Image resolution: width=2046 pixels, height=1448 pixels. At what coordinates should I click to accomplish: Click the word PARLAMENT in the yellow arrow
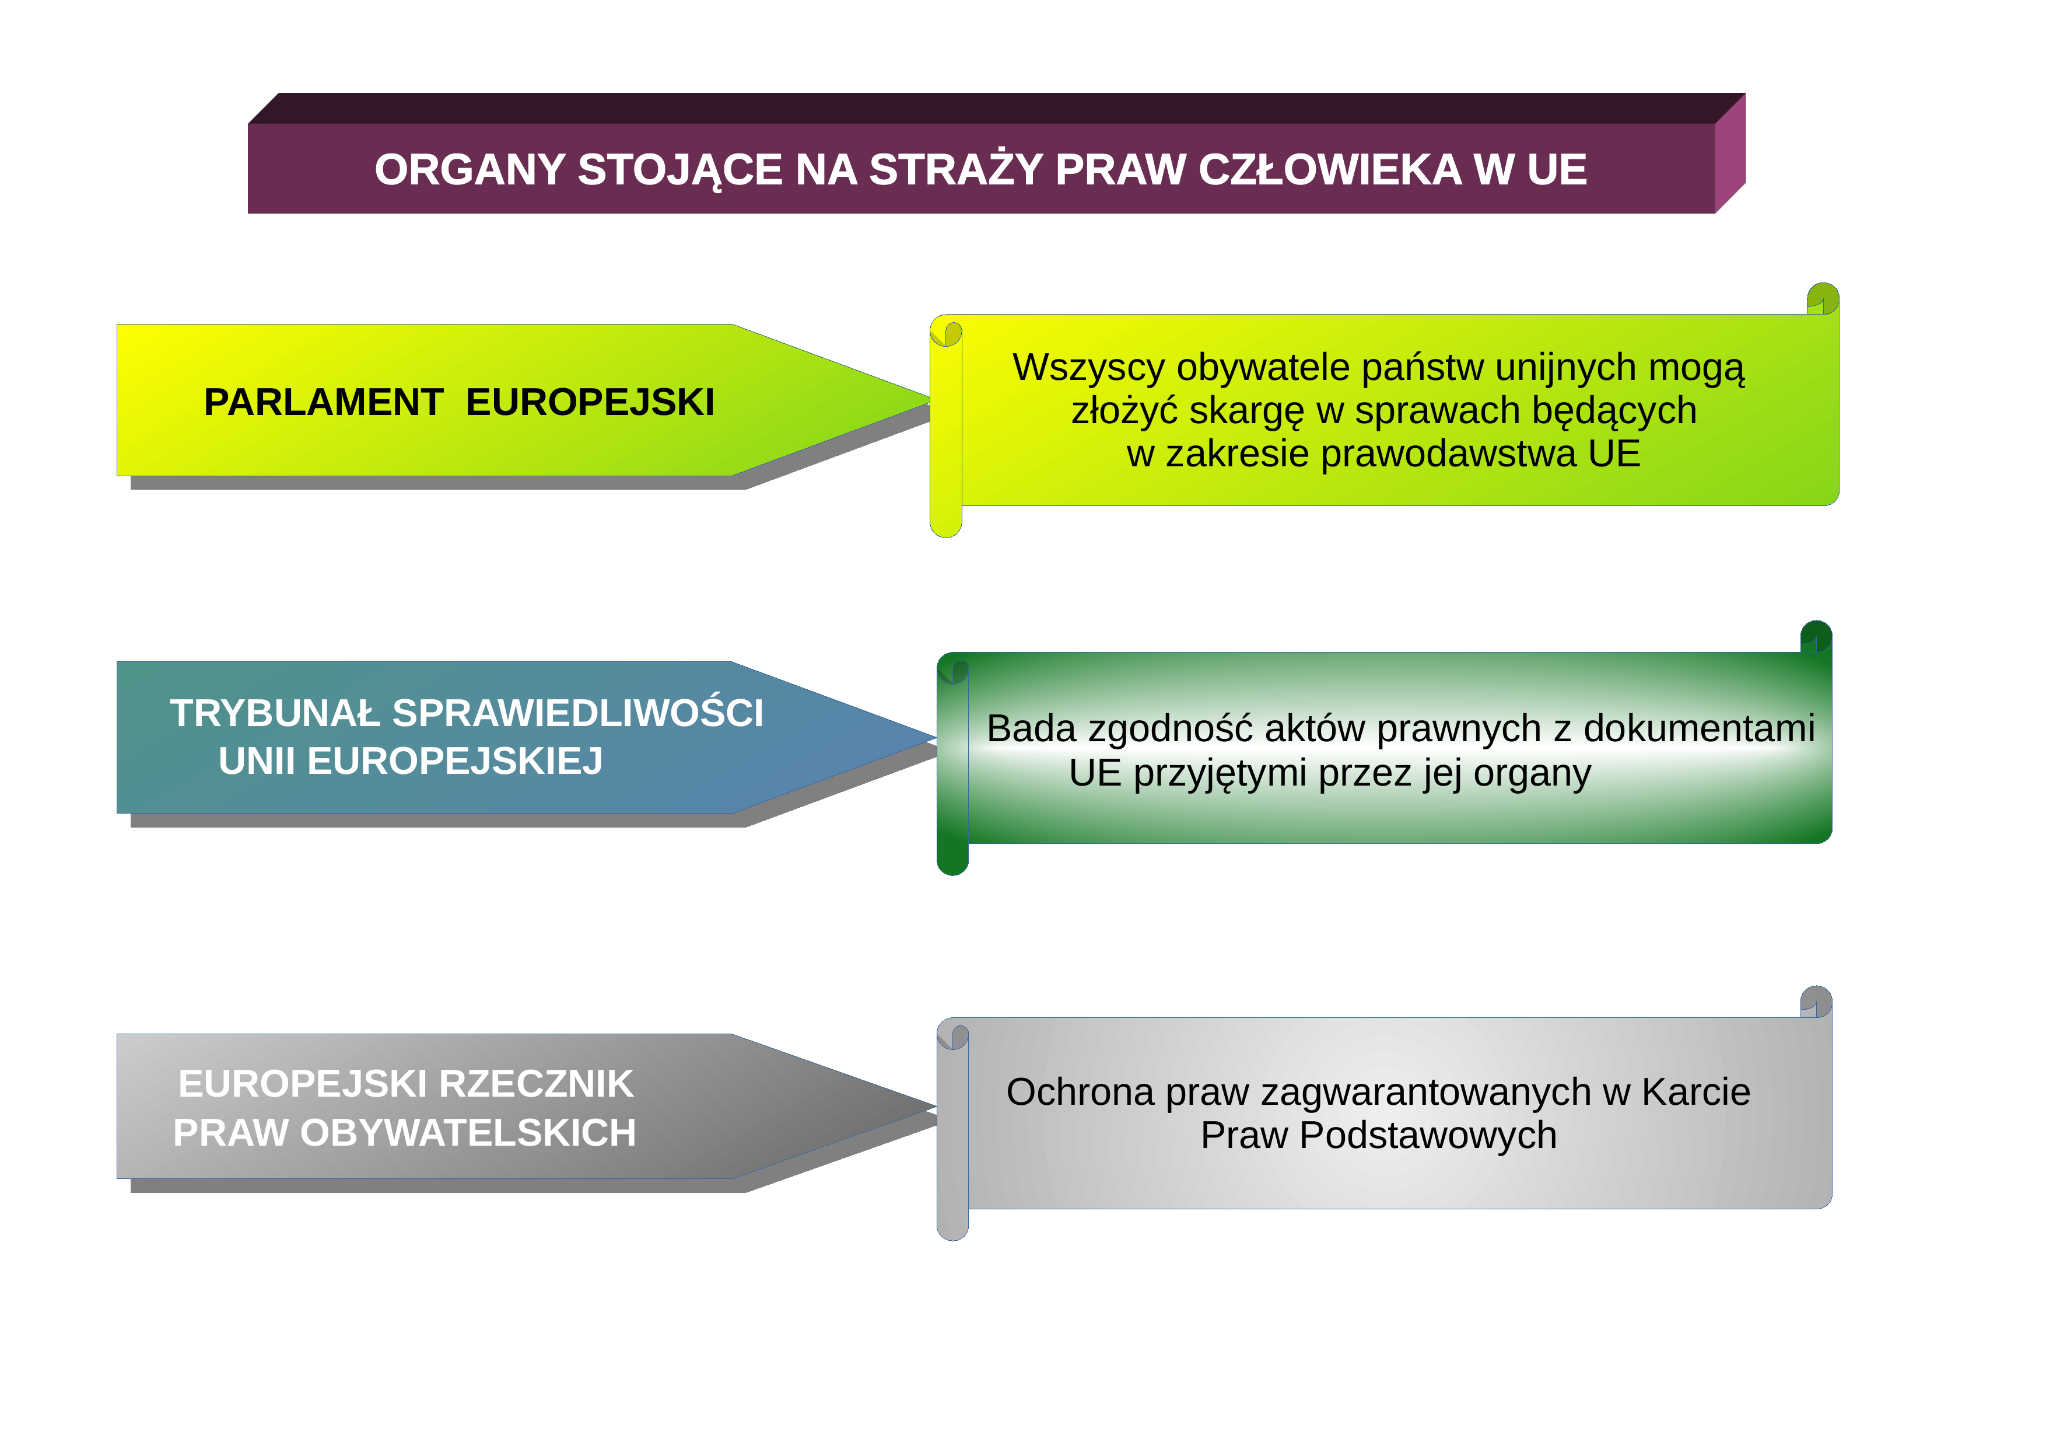[324, 402]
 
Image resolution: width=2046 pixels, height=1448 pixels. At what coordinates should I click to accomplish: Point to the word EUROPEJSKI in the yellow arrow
[590, 402]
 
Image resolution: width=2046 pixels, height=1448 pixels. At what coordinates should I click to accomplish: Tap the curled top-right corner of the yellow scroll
[1823, 299]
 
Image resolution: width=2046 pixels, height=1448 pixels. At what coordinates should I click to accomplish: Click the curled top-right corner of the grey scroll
[1816, 1002]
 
